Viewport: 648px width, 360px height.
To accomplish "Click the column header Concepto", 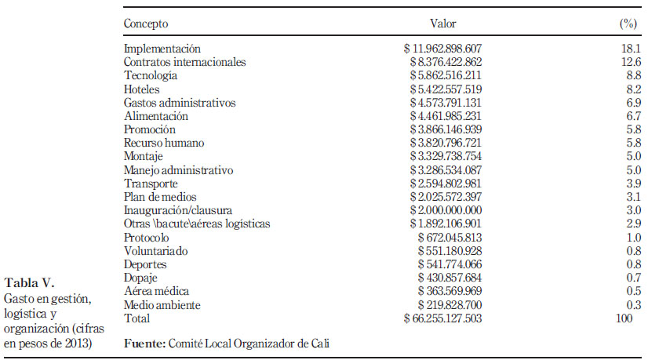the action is coord(146,24).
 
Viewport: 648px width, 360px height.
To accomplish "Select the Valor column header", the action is coord(442,24).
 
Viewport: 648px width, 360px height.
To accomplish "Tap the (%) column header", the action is coord(628,24).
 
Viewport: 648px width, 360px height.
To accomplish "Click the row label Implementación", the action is coord(162,49).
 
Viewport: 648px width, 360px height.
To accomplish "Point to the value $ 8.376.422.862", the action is coord(446,62).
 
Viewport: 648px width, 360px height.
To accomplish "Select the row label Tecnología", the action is coord(151,75).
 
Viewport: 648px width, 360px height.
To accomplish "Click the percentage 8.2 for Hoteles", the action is coord(634,89).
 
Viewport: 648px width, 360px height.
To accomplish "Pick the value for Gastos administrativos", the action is coord(446,103).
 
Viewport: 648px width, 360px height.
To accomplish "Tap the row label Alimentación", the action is coord(156,116).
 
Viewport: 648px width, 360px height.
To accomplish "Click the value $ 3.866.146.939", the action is coord(446,129).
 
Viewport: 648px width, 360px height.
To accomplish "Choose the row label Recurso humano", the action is coord(164,143).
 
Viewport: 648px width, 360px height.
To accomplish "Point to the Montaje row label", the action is coord(143,157).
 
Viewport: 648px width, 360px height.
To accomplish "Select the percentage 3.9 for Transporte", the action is coord(634,184).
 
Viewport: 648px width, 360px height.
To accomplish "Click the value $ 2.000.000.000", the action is coord(446,210).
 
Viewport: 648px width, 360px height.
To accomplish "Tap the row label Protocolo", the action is coord(146,238).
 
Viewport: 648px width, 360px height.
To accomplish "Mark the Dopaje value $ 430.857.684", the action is coord(450,278).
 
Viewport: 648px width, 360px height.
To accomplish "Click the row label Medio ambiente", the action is coord(162,305).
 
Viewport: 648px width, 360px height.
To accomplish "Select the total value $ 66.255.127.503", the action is coord(442,318).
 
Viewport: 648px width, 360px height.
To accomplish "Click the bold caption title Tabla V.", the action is coord(29,282).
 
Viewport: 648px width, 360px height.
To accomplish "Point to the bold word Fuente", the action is coord(144,344).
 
